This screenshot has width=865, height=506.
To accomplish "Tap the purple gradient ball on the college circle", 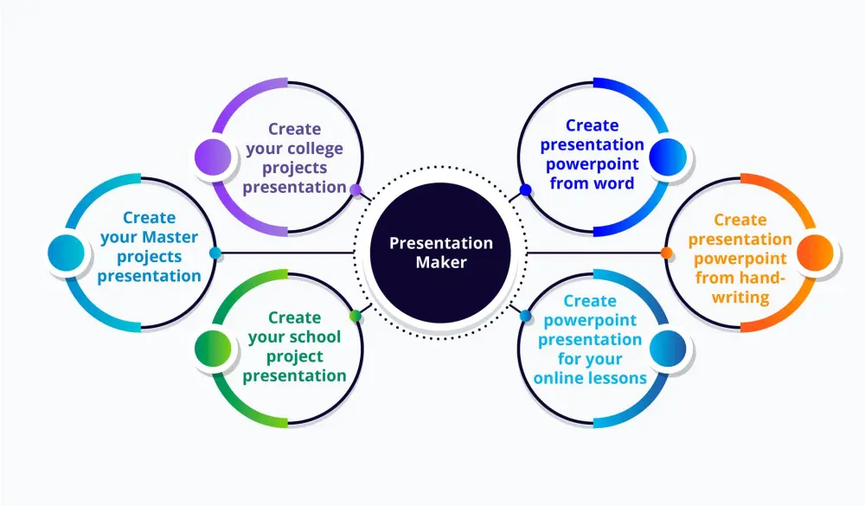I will click(213, 157).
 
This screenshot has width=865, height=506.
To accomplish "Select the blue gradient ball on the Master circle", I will click(67, 252).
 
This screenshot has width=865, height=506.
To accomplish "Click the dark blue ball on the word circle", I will click(667, 157).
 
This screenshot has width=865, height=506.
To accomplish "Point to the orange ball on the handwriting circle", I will click(814, 252).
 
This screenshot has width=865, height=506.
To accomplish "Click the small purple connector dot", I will click(355, 188).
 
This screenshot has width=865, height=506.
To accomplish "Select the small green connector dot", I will click(355, 316).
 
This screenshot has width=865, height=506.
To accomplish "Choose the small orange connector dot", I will click(666, 253).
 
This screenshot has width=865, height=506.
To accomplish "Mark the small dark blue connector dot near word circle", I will click(525, 189).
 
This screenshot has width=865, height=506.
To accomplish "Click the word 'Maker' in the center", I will click(440, 261).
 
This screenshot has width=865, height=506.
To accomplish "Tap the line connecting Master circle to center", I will click(285, 253).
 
